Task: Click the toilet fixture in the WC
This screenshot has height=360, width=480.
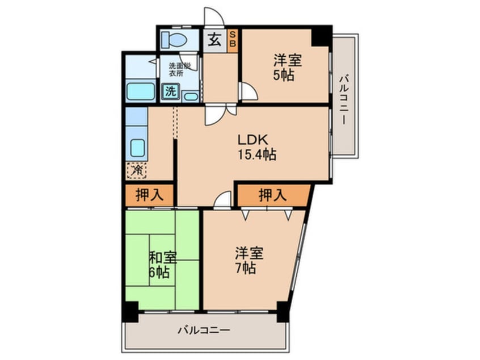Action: click(174, 40)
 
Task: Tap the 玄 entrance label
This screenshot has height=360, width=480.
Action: click(215, 40)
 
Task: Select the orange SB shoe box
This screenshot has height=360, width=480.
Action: click(233, 39)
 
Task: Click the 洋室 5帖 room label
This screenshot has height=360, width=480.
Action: click(287, 67)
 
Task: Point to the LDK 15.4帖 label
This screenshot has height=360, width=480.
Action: click(257, 147)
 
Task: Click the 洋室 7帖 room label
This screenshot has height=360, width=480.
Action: click(249, 260)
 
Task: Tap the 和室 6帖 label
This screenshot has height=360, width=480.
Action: click(162, 264)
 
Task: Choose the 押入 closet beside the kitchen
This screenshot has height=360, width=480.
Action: click(149, 195)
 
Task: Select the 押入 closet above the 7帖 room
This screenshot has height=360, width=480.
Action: click(273, 195)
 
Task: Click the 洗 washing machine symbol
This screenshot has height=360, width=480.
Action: click(171, 91)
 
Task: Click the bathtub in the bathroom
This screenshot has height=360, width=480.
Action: click(141, 91)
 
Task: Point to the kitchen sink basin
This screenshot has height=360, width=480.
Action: click(137, 148)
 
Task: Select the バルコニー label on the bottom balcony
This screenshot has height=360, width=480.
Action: click(204, 330)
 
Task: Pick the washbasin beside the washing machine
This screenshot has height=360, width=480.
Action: click(191, 97)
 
